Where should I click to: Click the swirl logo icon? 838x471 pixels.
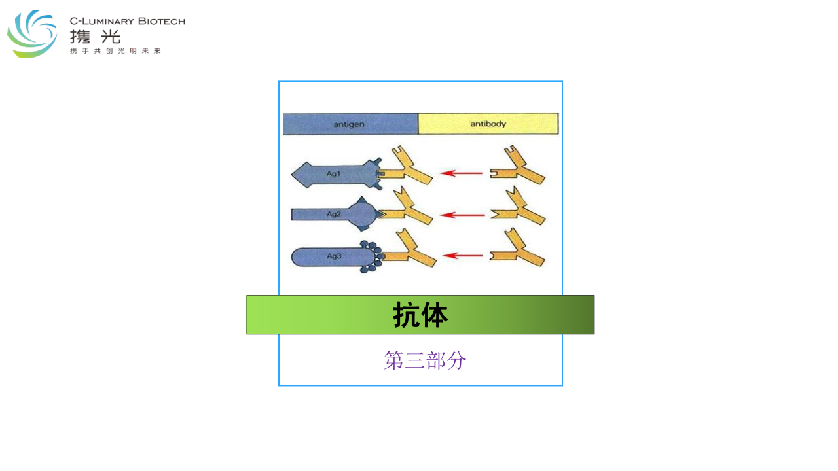pyautogui.click(x=32, y=33)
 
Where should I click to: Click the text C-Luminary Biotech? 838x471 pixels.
pyautogui.click(x=128, y=22)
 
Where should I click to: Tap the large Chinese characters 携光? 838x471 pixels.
pyautogui.click(x=96, y=37)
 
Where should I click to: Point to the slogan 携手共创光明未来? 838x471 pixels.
pyautogui.click(x=115, y=51)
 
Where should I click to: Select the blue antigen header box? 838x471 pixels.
pyautogui.click(x=350, y=124)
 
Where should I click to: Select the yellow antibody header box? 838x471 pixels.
pyautogui.click(x=488, y=124)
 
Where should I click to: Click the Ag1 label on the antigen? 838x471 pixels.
pyautogui.click(x=333, y=173)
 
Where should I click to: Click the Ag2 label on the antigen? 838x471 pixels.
pyautogui.click(x=334, y=214)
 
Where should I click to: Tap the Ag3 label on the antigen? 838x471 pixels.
pyautogui.click(x=334, y=256)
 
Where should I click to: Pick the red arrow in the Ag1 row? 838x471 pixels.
pyautogui.click(x=462, y=173)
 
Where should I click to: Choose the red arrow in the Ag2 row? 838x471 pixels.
pyautogui.click(x=462, y=215)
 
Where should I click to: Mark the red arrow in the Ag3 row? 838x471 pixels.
pyautogui.click(x=463, y=256)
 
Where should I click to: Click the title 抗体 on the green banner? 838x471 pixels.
pyautogui.click(x=420, y=315)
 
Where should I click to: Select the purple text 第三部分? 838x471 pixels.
pyautogui.click(x=425, y=360)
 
